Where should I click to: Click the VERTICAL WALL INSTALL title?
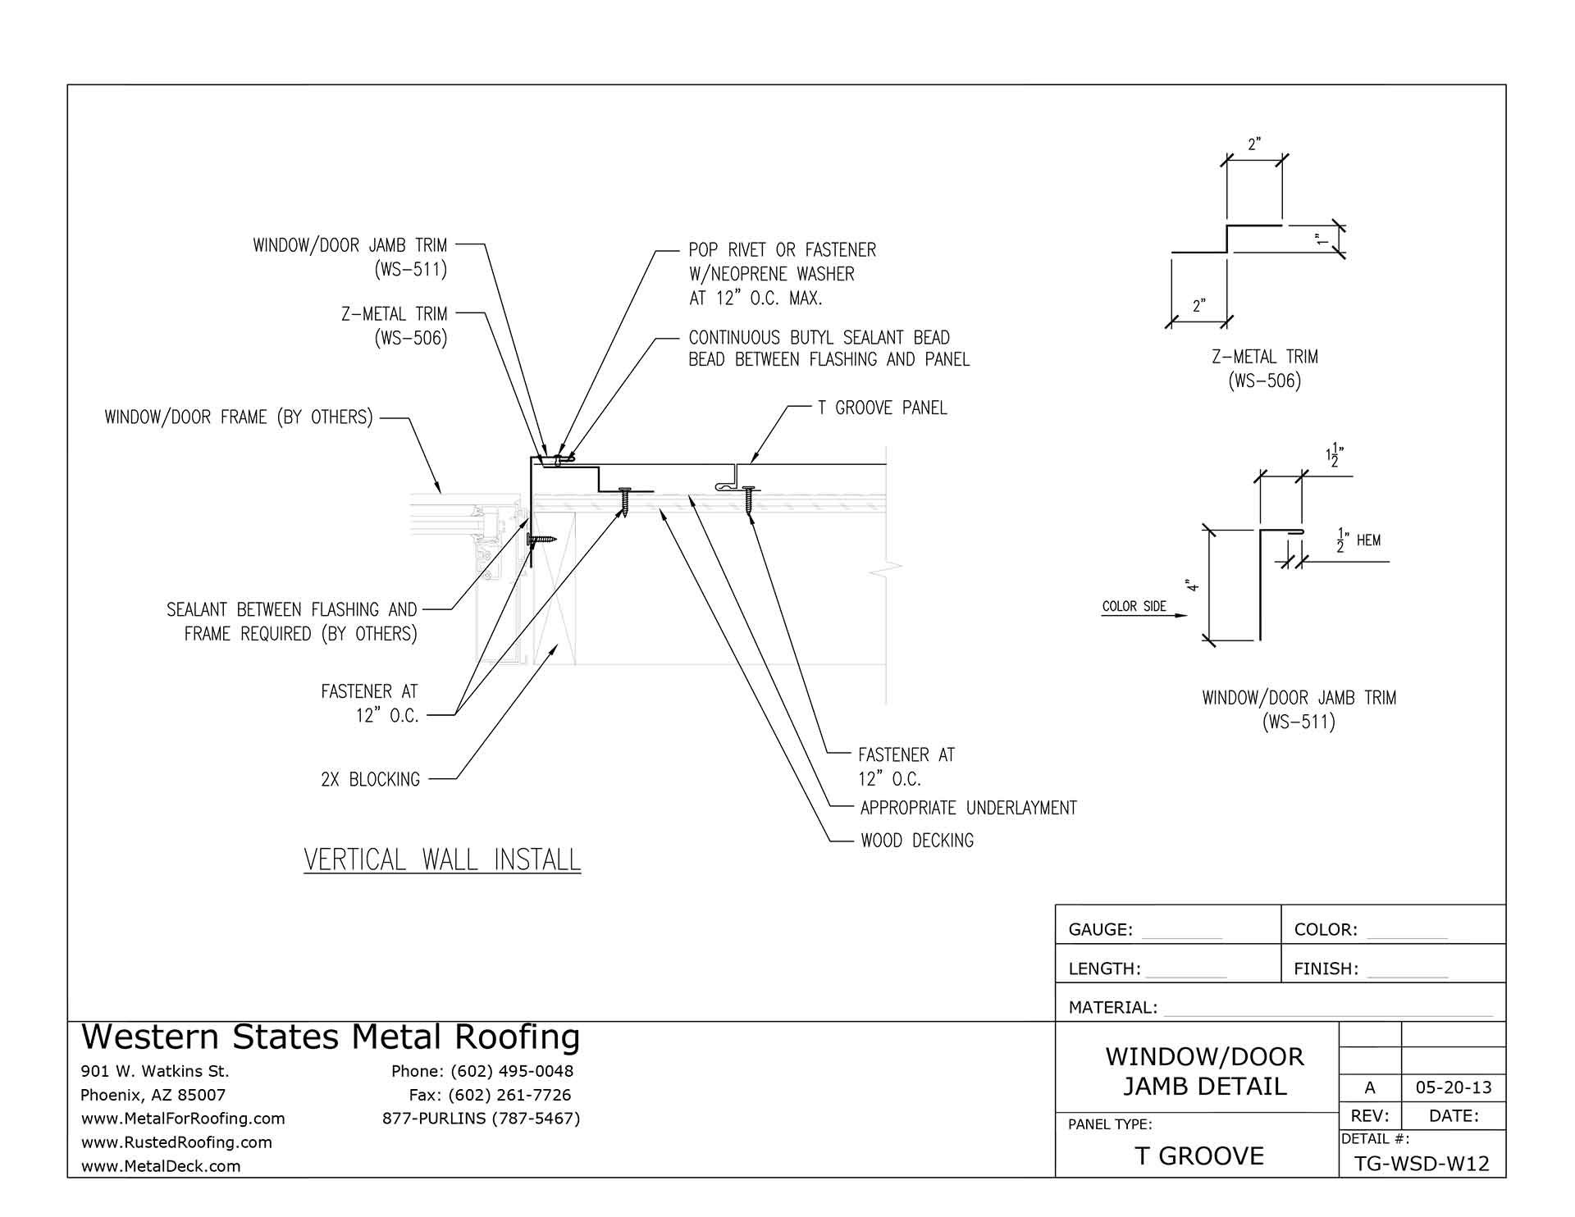(442, 859)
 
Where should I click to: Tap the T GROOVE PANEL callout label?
(882, 408)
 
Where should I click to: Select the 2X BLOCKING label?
(370, 779)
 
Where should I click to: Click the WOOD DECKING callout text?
(916, 841)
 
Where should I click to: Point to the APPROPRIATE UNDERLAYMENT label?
(968, 808)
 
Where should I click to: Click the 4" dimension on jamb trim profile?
(1192, 586)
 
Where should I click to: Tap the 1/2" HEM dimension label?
(1358, 540)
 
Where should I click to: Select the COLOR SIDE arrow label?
(1134, 606)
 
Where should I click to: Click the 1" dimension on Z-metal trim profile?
(1321, 240)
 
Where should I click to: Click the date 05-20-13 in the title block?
(1454, 1088)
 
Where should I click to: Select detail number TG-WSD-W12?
(1422, 1164)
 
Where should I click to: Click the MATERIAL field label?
(1112, 1007)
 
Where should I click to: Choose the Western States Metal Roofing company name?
(331, 1037)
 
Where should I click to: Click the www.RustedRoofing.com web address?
(176, 1142)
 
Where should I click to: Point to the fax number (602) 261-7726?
(490, 1095)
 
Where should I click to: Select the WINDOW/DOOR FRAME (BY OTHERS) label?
(239, 417)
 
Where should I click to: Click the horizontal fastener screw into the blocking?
(541, 539)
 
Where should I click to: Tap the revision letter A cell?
(1369, 1088)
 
